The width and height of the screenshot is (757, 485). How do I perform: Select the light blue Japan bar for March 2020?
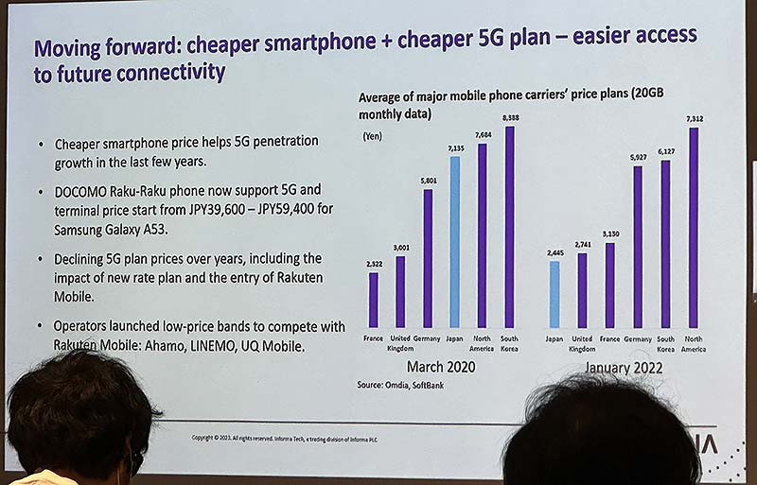454,241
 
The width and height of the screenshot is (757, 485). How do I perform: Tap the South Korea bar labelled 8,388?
510,227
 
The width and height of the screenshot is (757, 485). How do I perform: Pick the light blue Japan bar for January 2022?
555,293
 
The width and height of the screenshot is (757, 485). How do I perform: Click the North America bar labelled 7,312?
694,228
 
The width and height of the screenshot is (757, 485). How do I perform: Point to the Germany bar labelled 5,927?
638,247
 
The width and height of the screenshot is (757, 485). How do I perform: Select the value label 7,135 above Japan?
454,148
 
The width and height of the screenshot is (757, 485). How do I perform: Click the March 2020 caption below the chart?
442,367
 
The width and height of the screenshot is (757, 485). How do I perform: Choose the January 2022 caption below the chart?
625,368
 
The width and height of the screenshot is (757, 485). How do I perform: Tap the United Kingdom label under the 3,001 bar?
400,341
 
